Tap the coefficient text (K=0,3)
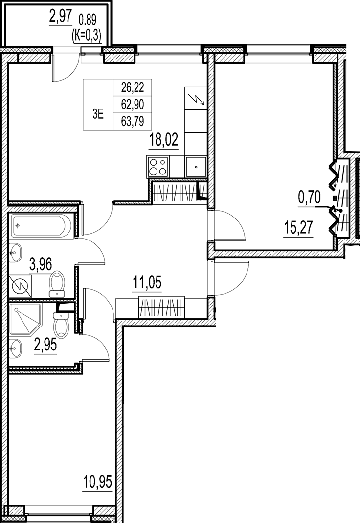coord(87,35)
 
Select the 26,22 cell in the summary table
coord(133,87)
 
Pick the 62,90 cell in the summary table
coord(133,105)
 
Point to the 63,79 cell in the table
coord(133,121)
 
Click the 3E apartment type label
coord(98,114)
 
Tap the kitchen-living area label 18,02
coord(164,140)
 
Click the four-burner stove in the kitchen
coord(158,167)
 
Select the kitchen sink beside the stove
coord(196,167)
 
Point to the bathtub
coord(42,226)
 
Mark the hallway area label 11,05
coord(147,283)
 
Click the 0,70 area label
coord(309,197)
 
